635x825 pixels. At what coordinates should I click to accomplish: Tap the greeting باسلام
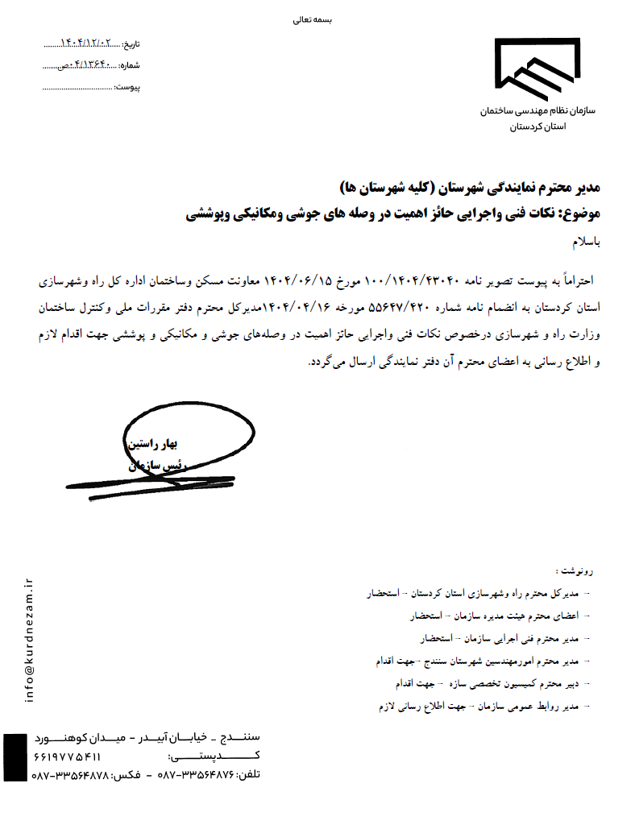[586, 242]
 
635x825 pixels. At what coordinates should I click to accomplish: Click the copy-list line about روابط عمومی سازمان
[484, 706]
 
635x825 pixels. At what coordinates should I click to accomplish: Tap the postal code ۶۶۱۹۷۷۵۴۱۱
[68, 757]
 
